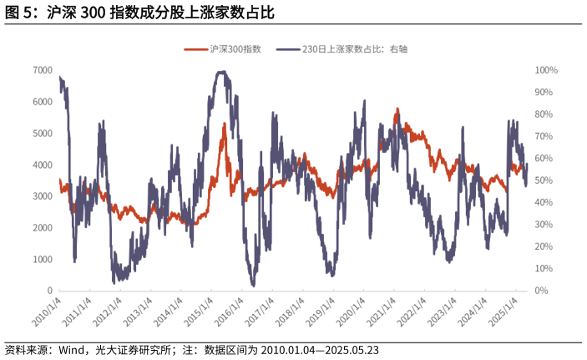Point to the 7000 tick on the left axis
coord(43,70)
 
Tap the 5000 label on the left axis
coord(43,134)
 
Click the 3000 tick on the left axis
coord(43,196)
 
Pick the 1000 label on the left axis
coord(43,260)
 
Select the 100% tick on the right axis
coord(547,70)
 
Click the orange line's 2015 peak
coord(224,124)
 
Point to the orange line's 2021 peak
coord(397,109)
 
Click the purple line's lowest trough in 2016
coord(253,286)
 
